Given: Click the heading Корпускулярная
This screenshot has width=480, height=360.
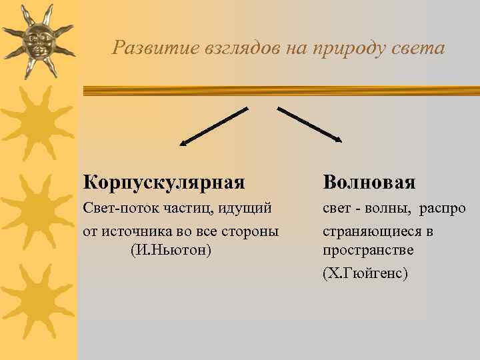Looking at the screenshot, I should [164, 182].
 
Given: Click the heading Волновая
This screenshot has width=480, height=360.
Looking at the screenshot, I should [369, 182].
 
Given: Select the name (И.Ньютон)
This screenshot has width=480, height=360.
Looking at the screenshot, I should [171, 250].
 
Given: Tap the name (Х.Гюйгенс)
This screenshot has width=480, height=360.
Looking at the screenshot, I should [365, 273].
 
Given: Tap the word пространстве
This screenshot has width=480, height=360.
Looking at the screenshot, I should [368, 251].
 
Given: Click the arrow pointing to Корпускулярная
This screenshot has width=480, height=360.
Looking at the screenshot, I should [213, 125].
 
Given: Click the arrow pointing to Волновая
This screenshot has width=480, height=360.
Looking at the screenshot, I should [310, 125].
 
